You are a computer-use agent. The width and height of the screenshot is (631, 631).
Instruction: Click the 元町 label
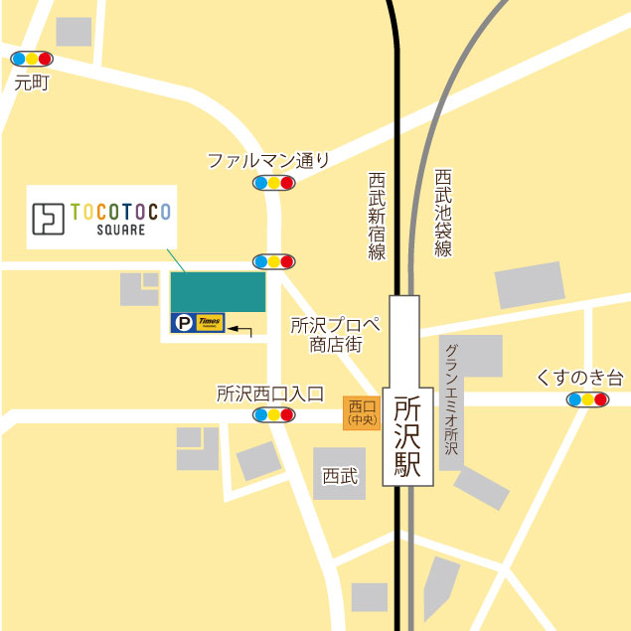[32, 83]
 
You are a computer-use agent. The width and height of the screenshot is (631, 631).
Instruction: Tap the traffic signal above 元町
[31, 60]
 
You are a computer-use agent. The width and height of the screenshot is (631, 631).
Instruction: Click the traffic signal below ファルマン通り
[273, 183]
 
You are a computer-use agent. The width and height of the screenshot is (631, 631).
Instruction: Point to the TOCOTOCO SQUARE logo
[101, 217]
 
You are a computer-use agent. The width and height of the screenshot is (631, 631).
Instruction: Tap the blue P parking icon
[182, 322]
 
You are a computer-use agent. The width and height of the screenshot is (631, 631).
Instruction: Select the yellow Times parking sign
[210, 322]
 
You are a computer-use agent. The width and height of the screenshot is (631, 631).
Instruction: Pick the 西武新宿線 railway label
[377, 216]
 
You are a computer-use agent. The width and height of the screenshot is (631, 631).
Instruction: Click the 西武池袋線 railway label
[443, 213]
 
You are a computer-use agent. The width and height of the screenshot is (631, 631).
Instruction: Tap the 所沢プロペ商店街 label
[335, 335]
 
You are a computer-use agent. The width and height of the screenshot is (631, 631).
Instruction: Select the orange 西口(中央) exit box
[362, 412]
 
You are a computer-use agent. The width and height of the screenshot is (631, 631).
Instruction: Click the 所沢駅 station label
[407, 437]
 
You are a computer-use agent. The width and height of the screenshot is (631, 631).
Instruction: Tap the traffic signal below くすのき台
[586, 400]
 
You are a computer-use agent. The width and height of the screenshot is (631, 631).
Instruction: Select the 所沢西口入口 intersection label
[270, 393]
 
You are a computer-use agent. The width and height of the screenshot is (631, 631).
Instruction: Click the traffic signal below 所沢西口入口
[273, 415]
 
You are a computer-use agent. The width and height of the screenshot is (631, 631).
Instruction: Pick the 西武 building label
[339, 476]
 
